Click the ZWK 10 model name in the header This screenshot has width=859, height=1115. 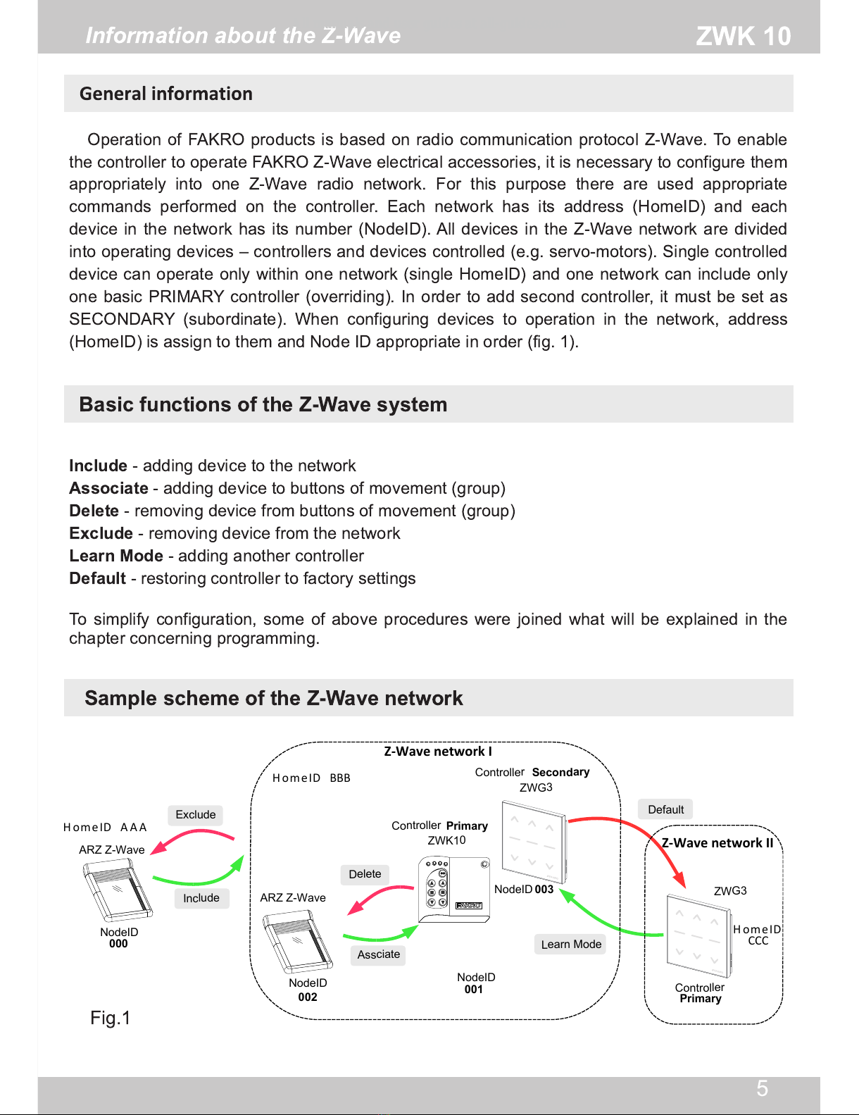pos(743,36)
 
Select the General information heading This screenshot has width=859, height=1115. pos(165,94)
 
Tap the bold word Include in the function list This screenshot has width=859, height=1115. pos(98,466)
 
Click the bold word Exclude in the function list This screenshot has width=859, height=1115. pos(101,533)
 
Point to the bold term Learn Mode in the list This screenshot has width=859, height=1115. pos(116,556)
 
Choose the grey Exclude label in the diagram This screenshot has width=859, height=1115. pos(196,815)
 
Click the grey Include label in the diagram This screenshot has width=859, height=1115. pos(201,898)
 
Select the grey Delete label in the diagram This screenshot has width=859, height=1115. pos(365,874)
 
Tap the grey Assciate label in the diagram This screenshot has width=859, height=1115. pos(378,954)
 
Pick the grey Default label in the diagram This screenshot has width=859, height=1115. pos(665,809)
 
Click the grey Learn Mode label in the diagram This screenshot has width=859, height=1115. pos(571,945)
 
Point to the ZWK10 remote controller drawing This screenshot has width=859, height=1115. pos(453,890)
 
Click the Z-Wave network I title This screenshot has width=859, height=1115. pos(437,752)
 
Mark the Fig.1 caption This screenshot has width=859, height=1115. pos(111,1018)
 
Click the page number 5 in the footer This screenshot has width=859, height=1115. pos(762,1089)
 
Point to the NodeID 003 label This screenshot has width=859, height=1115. pos(524,890)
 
